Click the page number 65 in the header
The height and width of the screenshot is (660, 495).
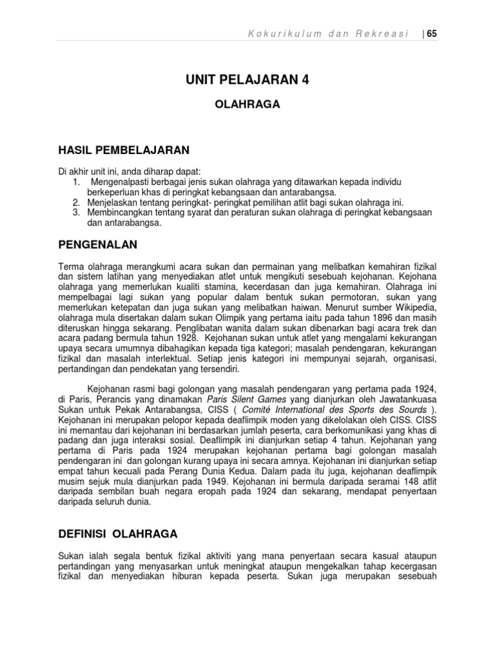click(x=432, y=34)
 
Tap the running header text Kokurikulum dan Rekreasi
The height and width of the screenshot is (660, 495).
click(x=329, y=34)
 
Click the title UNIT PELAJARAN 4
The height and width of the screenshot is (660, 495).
click(x=247, y=80)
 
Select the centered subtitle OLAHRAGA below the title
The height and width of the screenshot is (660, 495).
click(x=247, y=104)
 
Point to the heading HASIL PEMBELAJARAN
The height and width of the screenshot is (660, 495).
click(x=124, y=150)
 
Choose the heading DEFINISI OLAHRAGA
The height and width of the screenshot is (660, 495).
click(x=118, y=534)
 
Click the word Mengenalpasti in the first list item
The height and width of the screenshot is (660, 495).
click(x=121, y=182)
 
